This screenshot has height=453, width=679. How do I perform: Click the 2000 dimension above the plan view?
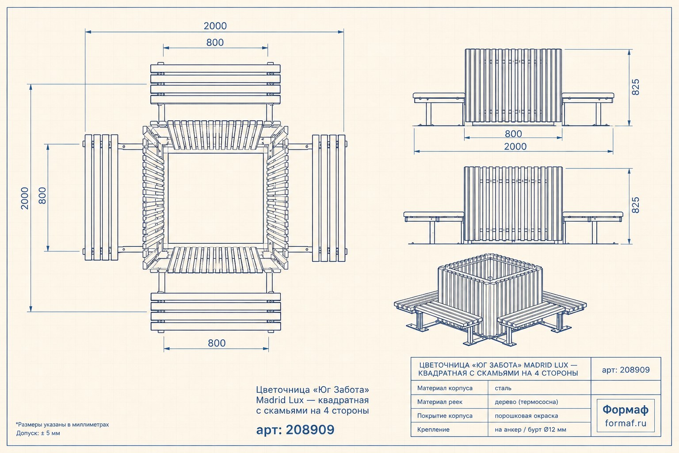215,26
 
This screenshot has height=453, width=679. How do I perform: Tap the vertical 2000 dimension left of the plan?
25,198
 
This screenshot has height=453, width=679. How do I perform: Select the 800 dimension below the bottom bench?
217,343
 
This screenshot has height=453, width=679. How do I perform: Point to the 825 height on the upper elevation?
635,87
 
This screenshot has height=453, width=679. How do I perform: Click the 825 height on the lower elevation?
635,205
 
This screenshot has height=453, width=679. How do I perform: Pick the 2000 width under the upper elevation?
515,146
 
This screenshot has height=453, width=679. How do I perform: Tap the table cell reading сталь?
503,388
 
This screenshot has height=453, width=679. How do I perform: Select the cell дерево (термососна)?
526,402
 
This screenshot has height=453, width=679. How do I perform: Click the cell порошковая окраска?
526,416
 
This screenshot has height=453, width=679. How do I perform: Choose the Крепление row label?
433,430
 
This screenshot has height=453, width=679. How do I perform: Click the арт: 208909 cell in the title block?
626,370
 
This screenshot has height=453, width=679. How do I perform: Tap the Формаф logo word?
626,410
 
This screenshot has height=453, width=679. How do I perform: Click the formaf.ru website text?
626,423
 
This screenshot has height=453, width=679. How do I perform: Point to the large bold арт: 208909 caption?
295,430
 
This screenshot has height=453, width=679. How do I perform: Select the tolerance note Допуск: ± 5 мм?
38,433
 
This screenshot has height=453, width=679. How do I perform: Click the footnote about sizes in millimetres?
62,425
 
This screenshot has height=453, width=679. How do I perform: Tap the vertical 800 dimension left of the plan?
42,196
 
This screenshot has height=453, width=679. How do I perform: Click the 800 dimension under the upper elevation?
513,134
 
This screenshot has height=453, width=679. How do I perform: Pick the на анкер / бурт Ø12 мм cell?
530,430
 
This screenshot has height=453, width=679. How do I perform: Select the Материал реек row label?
439,402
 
